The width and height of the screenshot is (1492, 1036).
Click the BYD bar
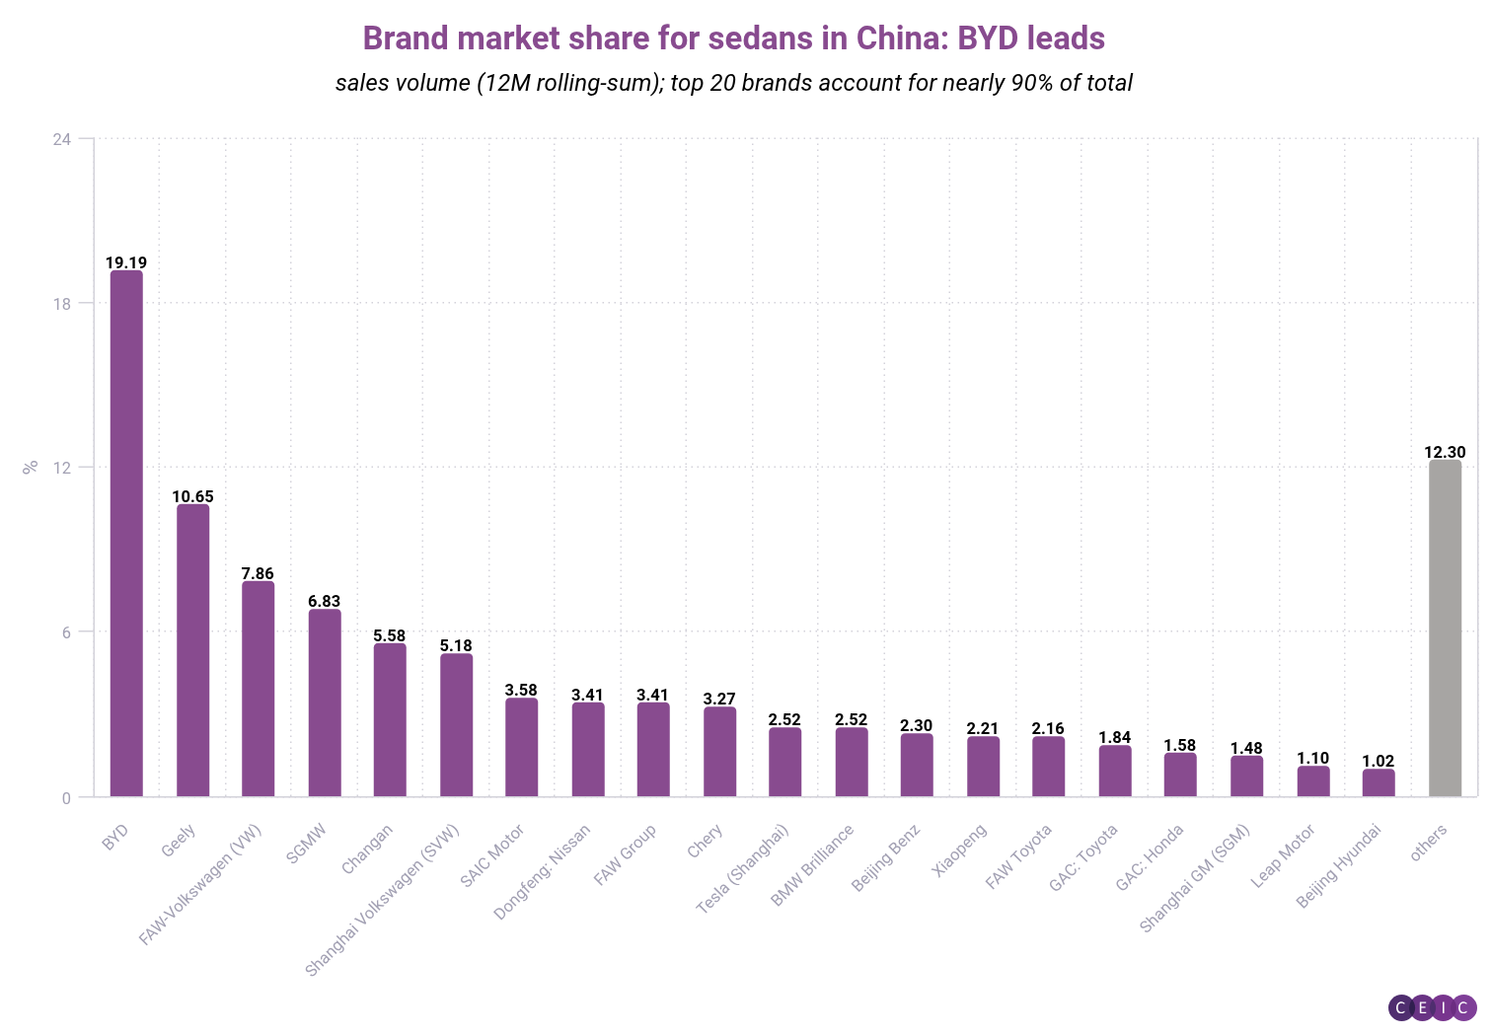click(126, 533)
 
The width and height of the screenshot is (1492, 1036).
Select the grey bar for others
click(1445, 628)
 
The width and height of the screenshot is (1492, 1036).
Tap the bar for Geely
click(192, 650)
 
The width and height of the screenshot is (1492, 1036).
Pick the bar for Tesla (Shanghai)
click(785, 762)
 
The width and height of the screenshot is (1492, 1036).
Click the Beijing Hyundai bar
click(1379, 782)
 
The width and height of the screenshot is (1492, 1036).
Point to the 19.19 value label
click(126, 262)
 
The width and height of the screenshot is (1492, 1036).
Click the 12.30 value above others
click(1445, 452)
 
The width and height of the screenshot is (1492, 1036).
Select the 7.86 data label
click(258, 573)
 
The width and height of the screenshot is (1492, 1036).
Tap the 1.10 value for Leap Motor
click(1312, 758)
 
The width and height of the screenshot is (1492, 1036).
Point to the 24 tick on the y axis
click(61, 139)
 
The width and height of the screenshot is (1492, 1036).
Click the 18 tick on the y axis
click(61, 304)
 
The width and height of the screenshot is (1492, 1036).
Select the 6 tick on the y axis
click(66, 632)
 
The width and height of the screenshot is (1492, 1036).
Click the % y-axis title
click(30, 467)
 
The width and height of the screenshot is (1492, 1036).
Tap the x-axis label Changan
click(367, 849)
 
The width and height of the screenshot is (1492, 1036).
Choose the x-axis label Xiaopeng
click(959, 851)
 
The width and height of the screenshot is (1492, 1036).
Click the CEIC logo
click(1432, 1007)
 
